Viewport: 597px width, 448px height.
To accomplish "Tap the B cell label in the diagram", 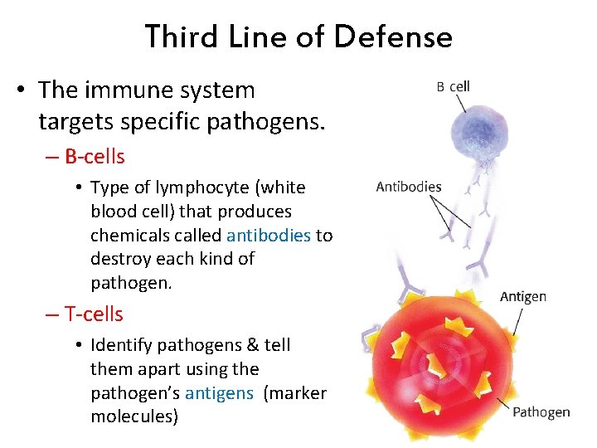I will (454, 86).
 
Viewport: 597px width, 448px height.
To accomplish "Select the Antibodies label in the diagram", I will (409, 187).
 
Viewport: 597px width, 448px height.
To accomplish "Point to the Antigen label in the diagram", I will (523, 297).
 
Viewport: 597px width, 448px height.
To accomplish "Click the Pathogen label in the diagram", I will (541, 411).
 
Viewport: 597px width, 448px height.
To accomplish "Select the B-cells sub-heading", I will (94, 157).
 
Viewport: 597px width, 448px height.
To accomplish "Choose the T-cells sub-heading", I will (93, 314).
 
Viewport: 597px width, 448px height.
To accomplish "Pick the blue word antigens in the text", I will (219, 393).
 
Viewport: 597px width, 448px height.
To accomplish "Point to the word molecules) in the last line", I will (134, 416).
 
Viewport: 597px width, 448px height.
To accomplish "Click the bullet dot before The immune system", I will (20, 90).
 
